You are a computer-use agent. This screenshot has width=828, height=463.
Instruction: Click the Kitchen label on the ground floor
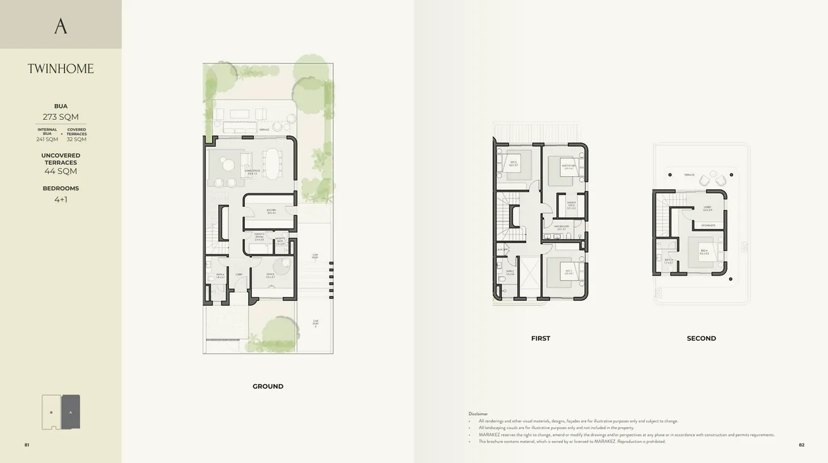(x=271, y=211)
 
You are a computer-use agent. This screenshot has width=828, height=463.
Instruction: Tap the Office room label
(x=270, y=274)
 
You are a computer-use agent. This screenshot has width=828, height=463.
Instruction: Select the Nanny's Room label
(x=259, y=237)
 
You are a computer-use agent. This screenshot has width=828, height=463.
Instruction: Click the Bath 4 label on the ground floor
(x=220, y=276)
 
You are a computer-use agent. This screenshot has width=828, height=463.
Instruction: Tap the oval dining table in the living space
(x=272, y=163)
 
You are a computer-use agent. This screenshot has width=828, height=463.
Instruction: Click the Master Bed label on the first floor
(x=568, y=167)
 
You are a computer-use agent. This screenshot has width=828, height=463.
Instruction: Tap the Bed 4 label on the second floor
(x=704, y=252)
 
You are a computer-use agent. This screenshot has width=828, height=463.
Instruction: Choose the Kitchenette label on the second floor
(x=707, y=225)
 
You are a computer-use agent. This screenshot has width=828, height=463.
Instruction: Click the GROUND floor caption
(x=268, y=386)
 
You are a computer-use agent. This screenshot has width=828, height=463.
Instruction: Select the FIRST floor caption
(x=540, y=339)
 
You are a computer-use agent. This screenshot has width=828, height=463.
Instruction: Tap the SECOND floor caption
(x=701, y=339)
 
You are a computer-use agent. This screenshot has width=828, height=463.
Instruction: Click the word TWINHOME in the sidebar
(x=61, y=69)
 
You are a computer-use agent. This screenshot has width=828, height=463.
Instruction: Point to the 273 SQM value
(x=61, y=117)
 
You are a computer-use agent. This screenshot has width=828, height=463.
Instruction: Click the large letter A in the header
(x=61, y=26)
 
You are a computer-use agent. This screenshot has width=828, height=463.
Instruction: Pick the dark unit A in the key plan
(x=71, y=412)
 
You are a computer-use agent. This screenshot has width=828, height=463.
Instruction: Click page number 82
(x=801, y=445)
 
